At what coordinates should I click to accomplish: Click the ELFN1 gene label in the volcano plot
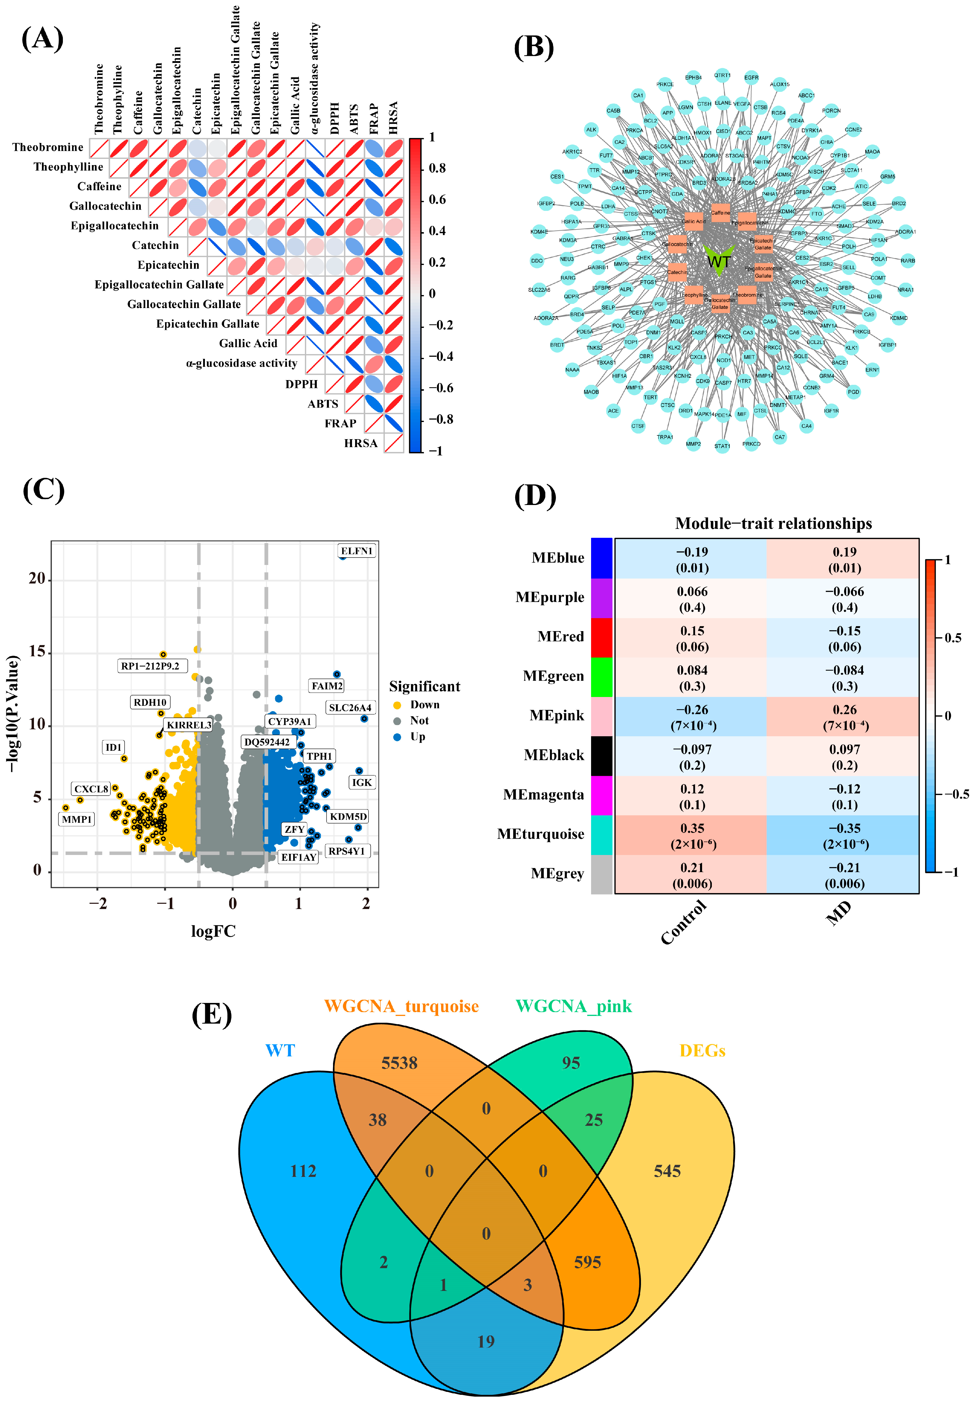(356, 550)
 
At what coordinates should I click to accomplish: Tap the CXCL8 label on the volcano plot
(91, 789)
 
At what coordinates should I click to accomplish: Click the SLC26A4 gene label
(350, 708)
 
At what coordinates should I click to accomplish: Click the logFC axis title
(213, 931)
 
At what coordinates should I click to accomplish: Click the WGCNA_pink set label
(573, 1006)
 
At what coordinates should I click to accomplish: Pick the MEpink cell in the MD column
(844, 717)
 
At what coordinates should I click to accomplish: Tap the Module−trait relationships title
(773, 524)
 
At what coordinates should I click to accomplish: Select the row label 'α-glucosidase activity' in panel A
(242, 363)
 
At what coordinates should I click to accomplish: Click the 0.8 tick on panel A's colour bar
(437, 168)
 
